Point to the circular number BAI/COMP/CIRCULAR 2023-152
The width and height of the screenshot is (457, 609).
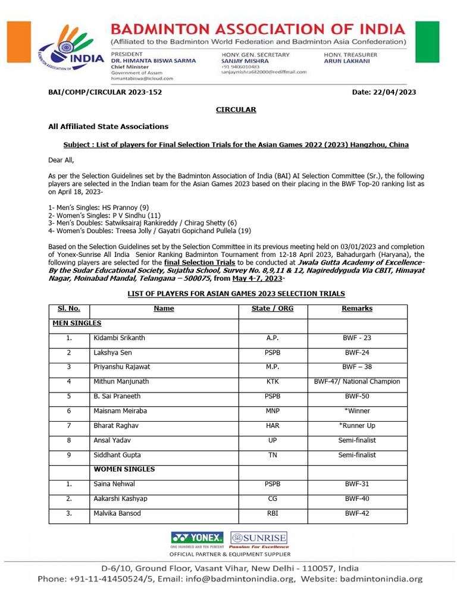click(105, 92)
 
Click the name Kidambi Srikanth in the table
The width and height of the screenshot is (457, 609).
click(119, 338)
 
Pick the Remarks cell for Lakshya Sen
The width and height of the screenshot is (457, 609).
click(357, 352)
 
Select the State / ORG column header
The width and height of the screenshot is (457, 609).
click(273, 309)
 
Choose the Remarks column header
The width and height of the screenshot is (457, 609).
click(357, 309)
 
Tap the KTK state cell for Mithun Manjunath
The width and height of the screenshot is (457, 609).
click(273, 381)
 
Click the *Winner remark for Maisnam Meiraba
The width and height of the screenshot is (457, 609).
click(357, 411)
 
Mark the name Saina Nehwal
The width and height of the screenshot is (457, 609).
click(114, 484)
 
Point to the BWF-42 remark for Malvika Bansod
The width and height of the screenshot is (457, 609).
click(357, 513)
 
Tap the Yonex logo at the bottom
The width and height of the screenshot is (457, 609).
click(197, 539)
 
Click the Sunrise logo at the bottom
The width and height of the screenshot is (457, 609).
click(259, 539)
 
